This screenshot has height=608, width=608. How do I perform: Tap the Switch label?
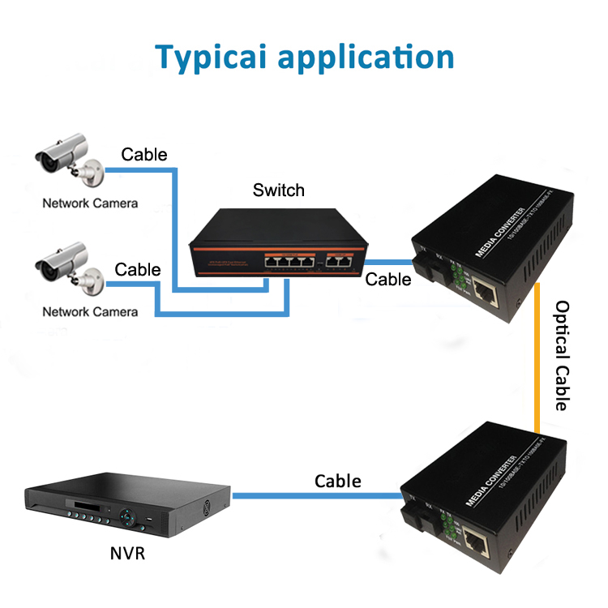pos(278,191)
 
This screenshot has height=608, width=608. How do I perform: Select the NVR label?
pos(129,555)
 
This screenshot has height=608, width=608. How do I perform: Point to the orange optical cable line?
pos(537,357)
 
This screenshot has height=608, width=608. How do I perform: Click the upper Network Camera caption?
pos(90,203)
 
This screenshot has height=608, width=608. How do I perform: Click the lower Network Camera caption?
pos(90,311)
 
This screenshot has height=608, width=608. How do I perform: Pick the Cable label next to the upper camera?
pos(144,154)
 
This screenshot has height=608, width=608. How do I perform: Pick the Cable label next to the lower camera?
pos(138,270)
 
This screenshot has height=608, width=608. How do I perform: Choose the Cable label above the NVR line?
pos(338,481)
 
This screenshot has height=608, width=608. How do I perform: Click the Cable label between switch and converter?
pos(388,280)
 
